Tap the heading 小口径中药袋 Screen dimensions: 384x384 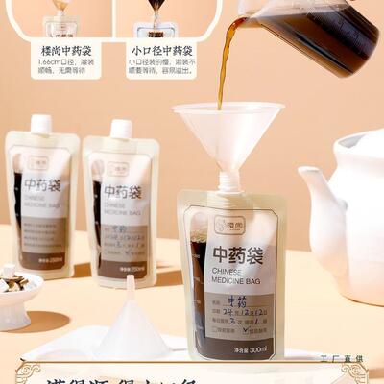(160, 50)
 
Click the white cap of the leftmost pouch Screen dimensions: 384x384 (40, 125)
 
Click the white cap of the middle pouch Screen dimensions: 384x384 (121, 129)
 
